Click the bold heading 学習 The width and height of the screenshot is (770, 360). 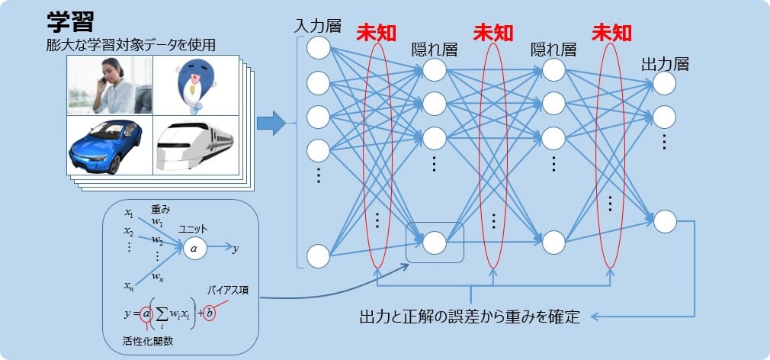click(x=70, y=20)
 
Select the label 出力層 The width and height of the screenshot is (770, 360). click(x=665, y=64)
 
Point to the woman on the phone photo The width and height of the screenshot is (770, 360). click(x=109, y=85)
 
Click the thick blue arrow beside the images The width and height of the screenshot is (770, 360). click(x=270, y=122)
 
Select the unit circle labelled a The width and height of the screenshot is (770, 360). click(x=194, y=248)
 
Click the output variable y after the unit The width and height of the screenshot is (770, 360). click(x=236, y=248)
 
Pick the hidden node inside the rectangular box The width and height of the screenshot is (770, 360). click(x=434, y=242)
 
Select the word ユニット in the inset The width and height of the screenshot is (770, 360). click(x=194, y=228)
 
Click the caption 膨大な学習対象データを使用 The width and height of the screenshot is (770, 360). click(x=130, y=45)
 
